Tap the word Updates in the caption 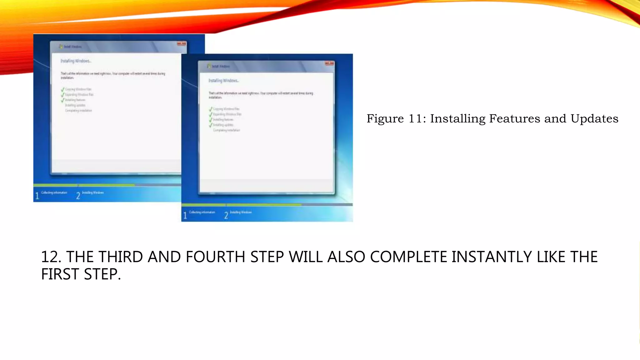click(x=594, y=119)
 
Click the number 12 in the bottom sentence click(x=51, y=257)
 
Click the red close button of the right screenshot click(x=329, y=63)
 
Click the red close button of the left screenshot click(x=182, y=44)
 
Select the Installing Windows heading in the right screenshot click(x=224, y=81)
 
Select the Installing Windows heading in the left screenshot click(x=76, y=61)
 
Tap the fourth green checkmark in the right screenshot click(x=211, y=125)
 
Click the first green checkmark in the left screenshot click(x=62, y=89)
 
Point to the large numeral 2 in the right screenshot click(x=226, y=215)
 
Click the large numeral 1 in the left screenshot click(x=37, y=196)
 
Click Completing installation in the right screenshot click(x=227, y=130)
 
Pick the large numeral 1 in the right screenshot click(x=185, y=215)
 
